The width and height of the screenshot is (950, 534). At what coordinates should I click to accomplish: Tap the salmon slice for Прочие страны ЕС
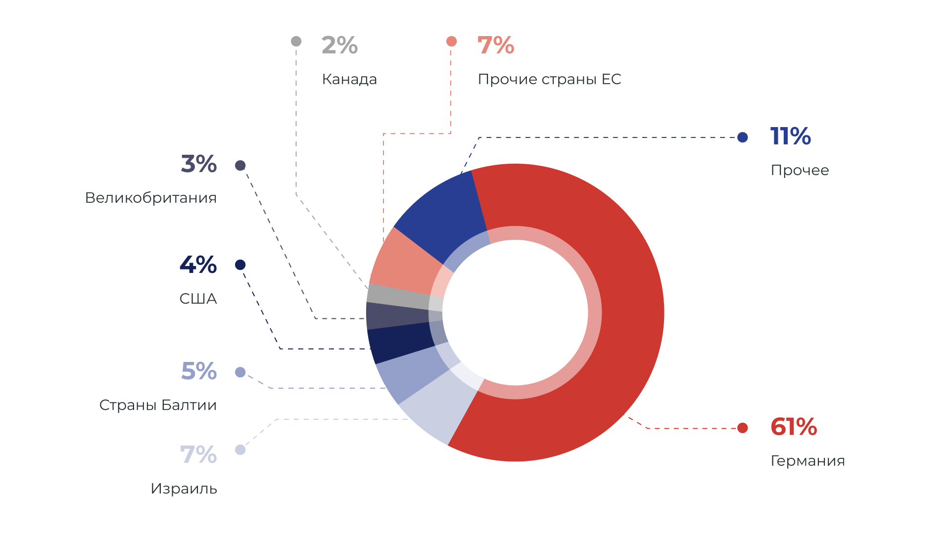pos(403,262)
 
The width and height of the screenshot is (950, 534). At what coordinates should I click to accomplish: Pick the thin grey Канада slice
pos(396,296)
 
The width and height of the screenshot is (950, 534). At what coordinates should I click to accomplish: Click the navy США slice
pos(398,344)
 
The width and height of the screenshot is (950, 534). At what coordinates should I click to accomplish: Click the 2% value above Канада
pos(339,45)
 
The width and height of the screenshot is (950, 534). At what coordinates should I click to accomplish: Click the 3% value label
pos(199,164)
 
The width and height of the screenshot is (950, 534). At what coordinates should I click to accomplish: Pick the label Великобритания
pos(151,198)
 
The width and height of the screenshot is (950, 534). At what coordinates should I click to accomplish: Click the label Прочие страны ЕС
pos(549,79)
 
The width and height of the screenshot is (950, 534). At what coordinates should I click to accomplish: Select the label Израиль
pos(184,489)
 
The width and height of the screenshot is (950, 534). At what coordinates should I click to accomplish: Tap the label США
pos(198,299)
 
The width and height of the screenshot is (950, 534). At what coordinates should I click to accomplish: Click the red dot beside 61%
pos(742,428)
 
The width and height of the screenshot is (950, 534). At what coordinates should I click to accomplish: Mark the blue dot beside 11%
pos(742,137)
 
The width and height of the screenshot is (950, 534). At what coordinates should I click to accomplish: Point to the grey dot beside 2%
pos(296,41)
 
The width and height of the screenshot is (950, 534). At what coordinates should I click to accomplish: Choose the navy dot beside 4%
pos(240,265)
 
